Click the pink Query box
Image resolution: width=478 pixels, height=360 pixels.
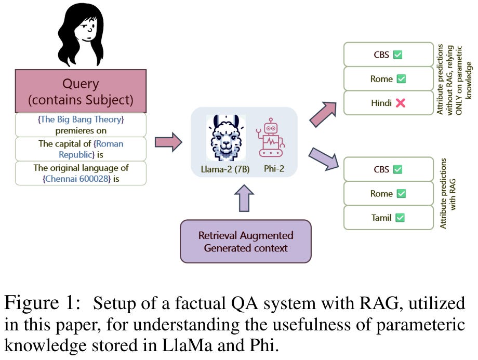coord(81,90)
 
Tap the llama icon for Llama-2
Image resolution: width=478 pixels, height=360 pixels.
coord(225,138)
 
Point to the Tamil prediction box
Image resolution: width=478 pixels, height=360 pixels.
coord(388,218)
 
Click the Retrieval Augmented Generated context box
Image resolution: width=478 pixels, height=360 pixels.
coord(245,242)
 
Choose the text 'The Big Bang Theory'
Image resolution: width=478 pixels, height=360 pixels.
coord(81,119)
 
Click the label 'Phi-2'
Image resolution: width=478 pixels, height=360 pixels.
coord(270,169)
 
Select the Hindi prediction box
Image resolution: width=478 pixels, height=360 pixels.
coord(388,103)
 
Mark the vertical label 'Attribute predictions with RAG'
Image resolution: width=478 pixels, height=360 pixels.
coord(446,193)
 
